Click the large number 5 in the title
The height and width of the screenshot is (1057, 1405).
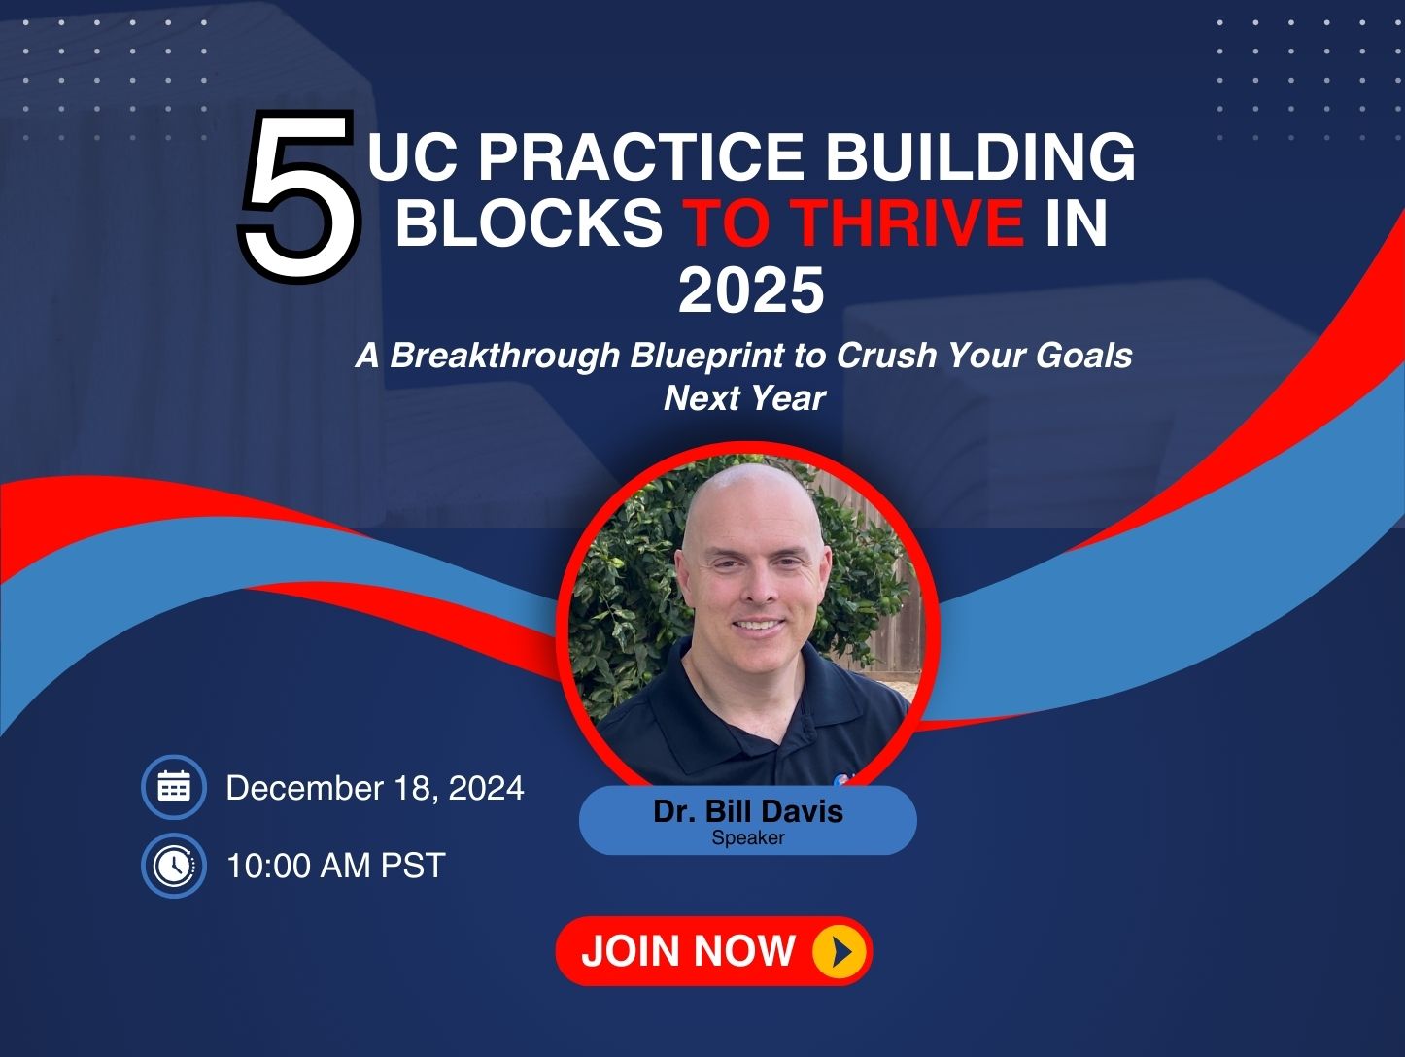pyautogui.click(x=299, y=196)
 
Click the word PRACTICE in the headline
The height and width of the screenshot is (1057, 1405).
pyautogui.click(x=640, y=156)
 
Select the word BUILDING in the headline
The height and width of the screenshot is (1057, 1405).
pyautogui.click(x=980, y=156)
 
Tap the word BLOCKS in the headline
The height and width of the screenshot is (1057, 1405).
pyautogui.click(x=529, y=222)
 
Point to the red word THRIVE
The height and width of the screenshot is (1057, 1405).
pyautogui.click(x=911, y=222)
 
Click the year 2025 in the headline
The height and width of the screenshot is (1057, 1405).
pyautogui.click(x=751, y=290)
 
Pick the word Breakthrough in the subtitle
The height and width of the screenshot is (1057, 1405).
pyautogui.click(x=505, y=356)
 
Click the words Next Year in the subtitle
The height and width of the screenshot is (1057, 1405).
pyautogui.click(x=744, y=398)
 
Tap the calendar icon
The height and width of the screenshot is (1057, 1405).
pyautogui.click(x=174, y=786)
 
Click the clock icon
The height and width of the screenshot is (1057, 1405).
pyautogui.click(x=174, y=865)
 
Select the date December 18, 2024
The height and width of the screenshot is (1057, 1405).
pyautogui.click(x=375, y=788)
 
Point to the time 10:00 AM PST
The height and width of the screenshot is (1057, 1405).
pyautogui.click(x=336, y=865)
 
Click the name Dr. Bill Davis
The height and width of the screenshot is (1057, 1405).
pyautogui.click(x=748, y=811)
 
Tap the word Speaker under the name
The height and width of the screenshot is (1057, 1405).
pyautogui.click(x=748, y=837)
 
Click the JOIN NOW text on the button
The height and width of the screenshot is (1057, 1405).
pyautogui.click(x=688, y=950)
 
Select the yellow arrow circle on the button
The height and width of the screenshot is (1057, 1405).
pyautogui.click(x=840, y=951)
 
